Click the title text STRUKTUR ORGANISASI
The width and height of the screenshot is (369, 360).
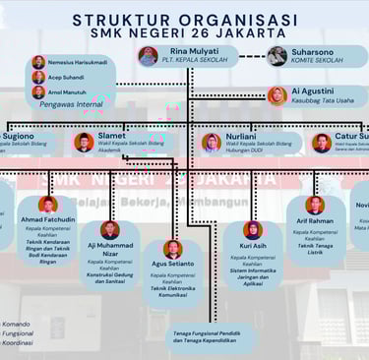[x=184, y=19]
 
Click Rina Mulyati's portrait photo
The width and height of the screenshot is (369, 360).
[x=149, y=56]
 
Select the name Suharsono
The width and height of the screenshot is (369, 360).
[x=311, y=50]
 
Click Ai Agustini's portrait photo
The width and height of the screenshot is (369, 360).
[x=277, y=95]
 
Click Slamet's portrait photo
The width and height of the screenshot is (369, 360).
[x=84, y=143]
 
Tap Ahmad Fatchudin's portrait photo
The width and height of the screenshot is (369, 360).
[x=47, y=205]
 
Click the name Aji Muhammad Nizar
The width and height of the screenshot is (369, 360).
[x=110, y=250]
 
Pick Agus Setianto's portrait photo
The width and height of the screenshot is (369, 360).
[x=172, y=249]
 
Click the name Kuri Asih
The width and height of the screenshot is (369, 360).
[x=253, y=246]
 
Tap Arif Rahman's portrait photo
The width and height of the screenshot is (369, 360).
[x=315, y=206]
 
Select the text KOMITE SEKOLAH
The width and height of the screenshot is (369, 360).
[x=318, y=61]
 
